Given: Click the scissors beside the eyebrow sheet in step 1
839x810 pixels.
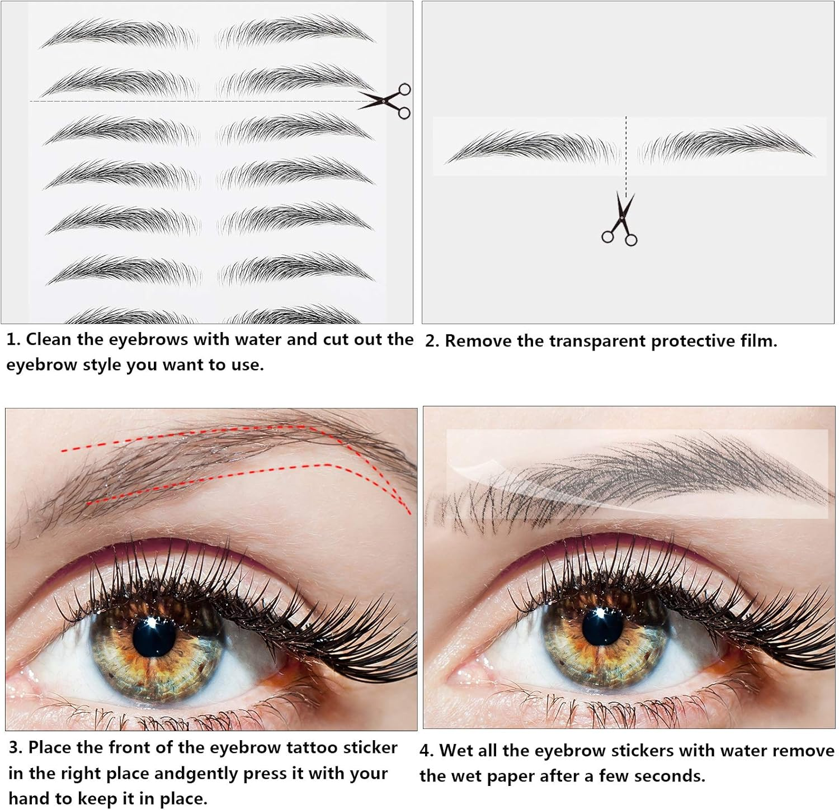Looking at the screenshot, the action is (x=386, y=101).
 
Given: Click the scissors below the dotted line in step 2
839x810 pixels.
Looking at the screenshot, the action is (x=620, y=219).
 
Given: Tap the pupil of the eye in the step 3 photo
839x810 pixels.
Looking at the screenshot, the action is (x=154, y=637).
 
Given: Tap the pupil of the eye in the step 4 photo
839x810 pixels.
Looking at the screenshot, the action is (x=604, y=626).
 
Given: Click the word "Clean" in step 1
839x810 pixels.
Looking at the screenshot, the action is (x=49, y=339).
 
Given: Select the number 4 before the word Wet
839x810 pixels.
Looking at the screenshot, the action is (x=426, y=751).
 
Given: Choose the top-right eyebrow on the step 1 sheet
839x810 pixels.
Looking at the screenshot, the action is (x=294, y=31).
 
